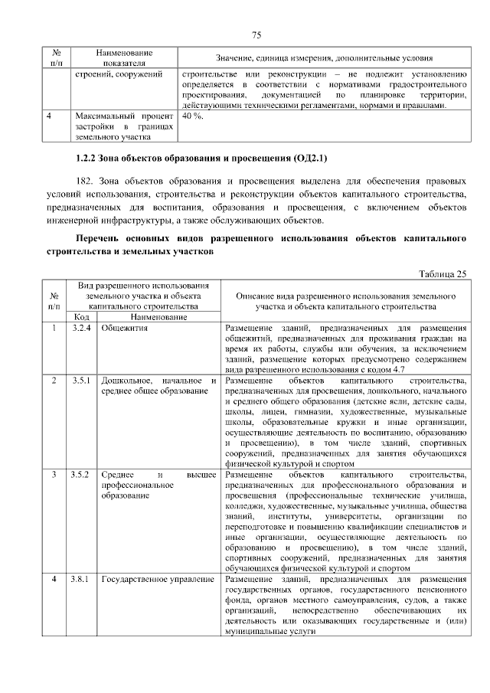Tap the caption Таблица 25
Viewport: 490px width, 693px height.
coord(443,273)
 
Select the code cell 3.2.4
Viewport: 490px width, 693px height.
coord(80,328)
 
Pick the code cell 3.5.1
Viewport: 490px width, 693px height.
coord(80,380)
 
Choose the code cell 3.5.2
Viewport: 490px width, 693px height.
coord(80,475)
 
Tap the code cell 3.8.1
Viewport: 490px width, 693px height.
coord(80,580)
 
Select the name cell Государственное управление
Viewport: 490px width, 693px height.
coord(157,580)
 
